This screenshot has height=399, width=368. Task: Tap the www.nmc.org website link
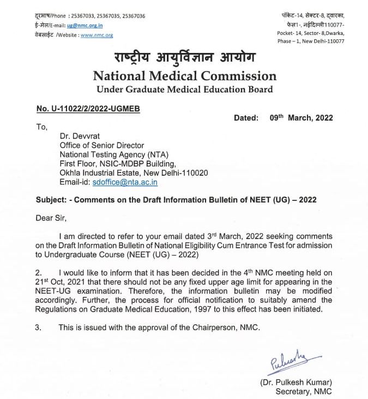tap(96, 35)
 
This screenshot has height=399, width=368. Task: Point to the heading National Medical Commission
tap(184, 76)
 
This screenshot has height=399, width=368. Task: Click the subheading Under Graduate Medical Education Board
tap(184, 89)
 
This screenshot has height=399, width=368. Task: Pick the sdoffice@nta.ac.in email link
tap(125, 183)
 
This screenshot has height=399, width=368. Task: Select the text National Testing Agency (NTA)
tap(107, 155)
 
